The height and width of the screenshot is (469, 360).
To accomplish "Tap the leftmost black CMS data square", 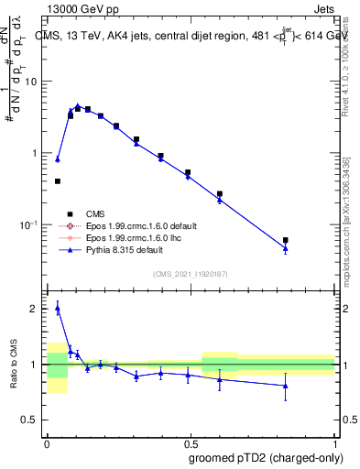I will pyautogui.click(x=58, y=181).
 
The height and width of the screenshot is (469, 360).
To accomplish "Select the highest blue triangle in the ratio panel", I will pyautogui.click(x=58, y=309).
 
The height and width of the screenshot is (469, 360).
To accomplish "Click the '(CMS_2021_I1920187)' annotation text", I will pyautogui.click(x=191, y=274).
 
